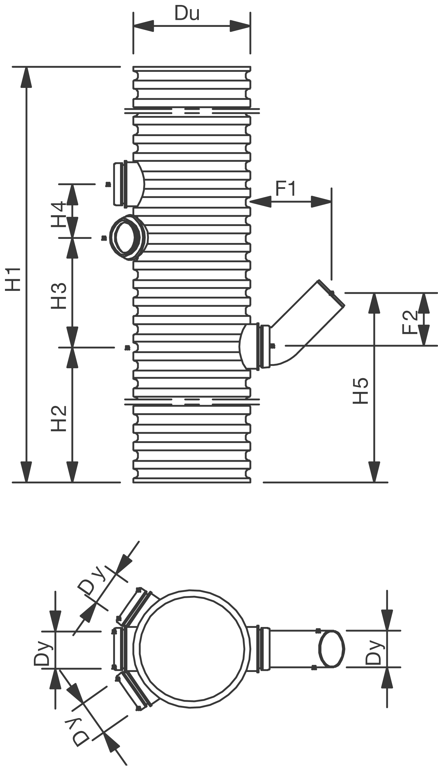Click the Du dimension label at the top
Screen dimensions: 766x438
coord(187,14)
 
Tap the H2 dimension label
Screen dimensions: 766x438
coord(59,418)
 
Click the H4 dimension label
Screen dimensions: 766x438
coord(58,214)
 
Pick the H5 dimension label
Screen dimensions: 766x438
coord(360,390)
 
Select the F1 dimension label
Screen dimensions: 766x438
coord(286,189)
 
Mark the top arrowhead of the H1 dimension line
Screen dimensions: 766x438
coord(26,77)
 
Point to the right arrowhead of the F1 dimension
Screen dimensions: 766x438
coord(321,202)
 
